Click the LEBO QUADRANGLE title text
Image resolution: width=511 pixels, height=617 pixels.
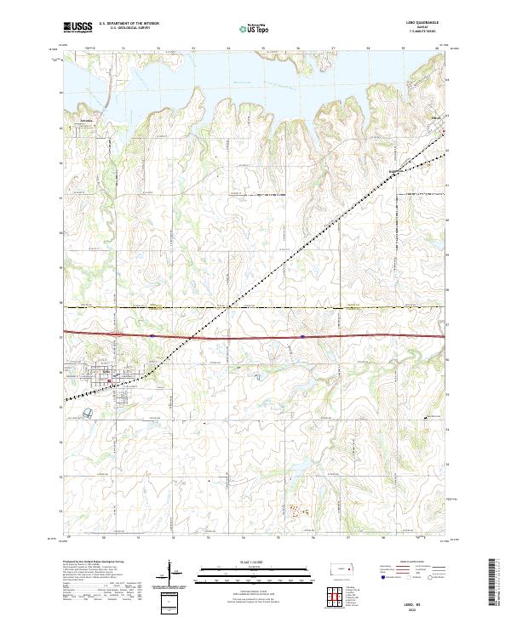click(431, 24)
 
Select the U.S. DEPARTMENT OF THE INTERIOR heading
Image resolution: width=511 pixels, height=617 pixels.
click(129, 24)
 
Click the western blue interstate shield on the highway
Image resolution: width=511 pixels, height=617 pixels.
click(152, 335)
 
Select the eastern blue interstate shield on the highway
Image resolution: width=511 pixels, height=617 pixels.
click(302, 336)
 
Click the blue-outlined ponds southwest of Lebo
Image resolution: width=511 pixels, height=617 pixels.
click(89, 412)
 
